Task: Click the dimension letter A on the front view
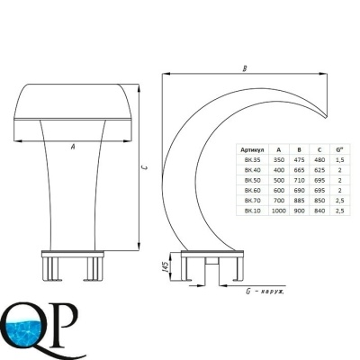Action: (x=72, y=147)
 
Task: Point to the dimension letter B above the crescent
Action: (x=245, y=68)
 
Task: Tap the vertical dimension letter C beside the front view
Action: (x=145, y=167)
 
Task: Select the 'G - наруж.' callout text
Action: (x=265, y=292)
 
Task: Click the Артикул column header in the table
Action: (x=252, y=149)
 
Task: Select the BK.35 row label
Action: (x=252, y=160)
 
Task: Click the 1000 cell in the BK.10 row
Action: (x=279, y=211)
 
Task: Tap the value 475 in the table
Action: (x=299, y=160)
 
